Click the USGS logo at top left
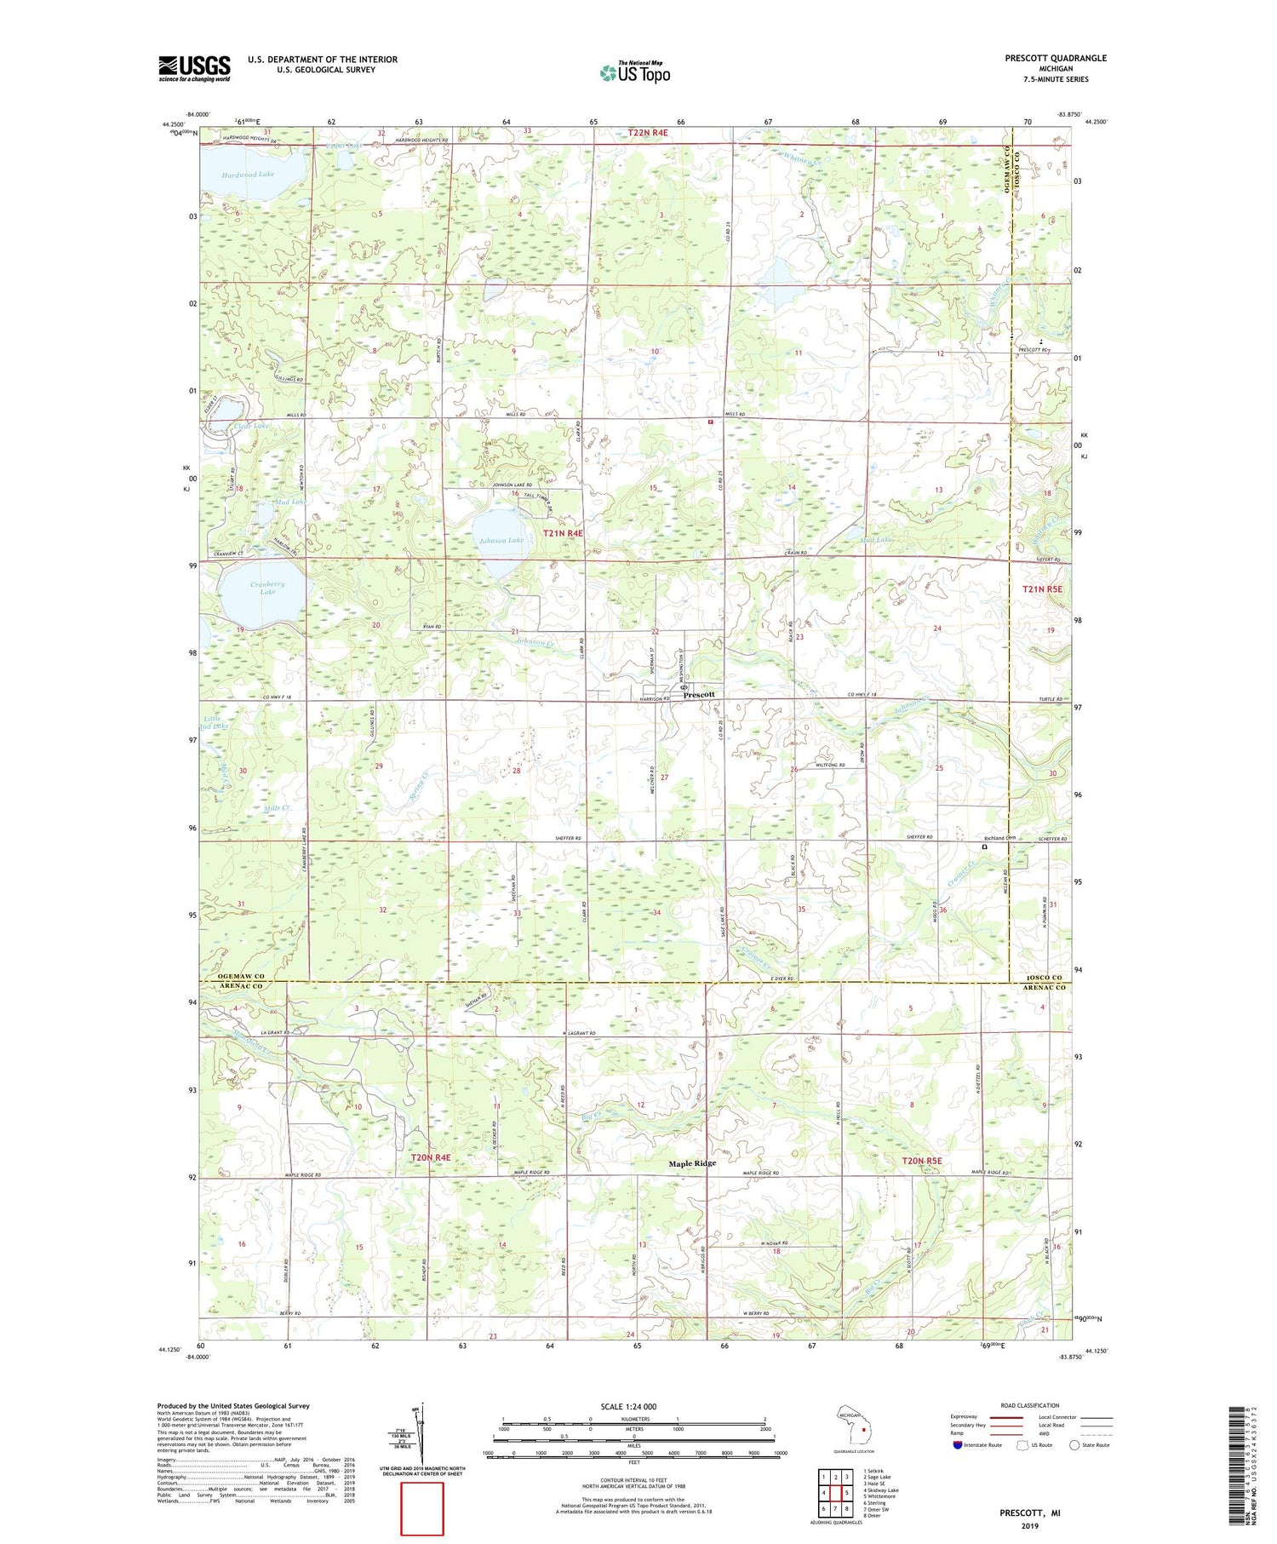point(194,68)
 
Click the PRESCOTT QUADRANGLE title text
point(1055,58)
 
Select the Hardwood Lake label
point(248,174)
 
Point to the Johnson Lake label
point(501,540)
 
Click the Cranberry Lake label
point(267,588)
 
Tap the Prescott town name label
point(699,694)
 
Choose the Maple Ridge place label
point(691,1162)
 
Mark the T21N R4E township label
point(563,532)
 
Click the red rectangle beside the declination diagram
point(422,1508)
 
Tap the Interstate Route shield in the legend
point(957,1444)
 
